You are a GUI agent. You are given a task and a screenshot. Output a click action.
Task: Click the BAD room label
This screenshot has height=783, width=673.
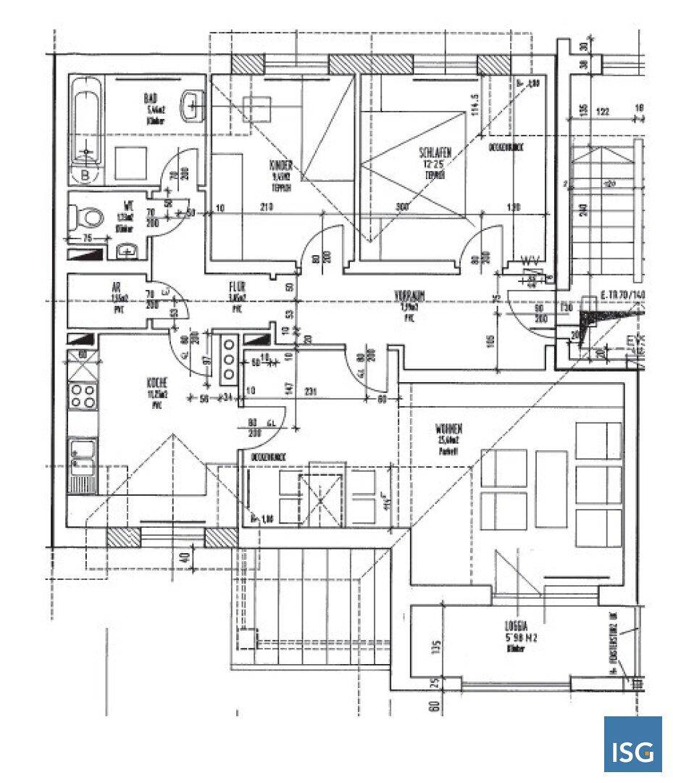[x=151, y=98]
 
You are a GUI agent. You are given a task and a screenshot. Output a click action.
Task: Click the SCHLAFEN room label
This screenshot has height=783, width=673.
[x=435, y=153]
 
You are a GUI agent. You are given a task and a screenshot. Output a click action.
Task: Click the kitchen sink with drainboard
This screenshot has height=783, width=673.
[x=82, y=463]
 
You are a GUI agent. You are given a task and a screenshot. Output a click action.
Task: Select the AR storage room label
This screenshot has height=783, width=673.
[x=114, y=286]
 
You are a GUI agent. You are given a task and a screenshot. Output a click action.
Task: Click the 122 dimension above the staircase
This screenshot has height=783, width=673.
[x=602, y=112]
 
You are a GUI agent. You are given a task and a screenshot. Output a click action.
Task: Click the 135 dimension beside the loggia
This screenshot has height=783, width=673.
[x=436, y=646]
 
